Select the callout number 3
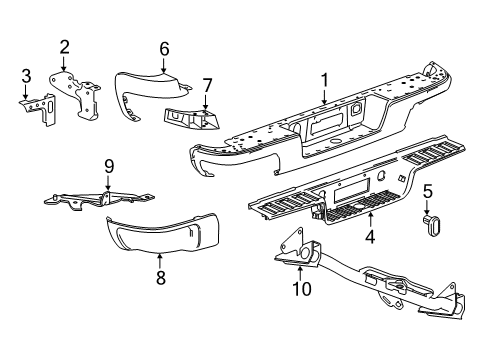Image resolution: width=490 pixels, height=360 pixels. click(27, 75)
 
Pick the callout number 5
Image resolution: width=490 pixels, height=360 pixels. click(427, 190)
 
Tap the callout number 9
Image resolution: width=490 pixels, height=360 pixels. click(107, 166)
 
